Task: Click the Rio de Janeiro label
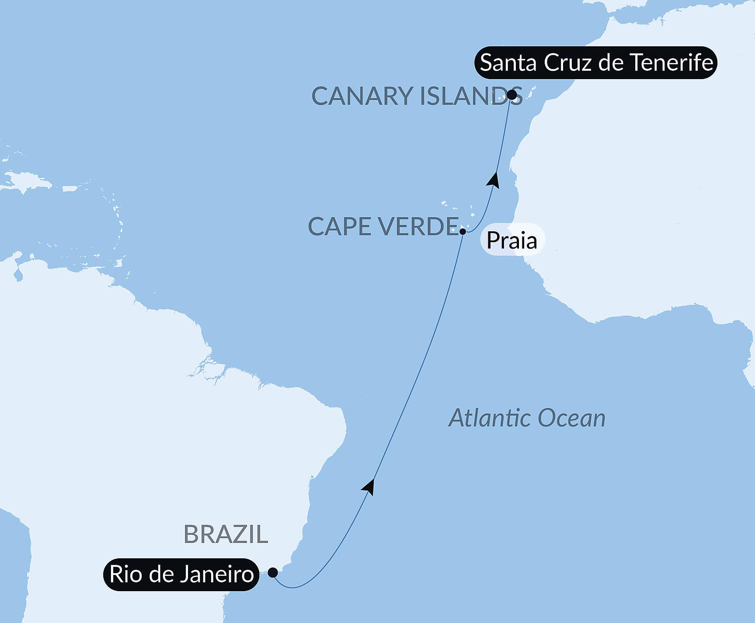181,574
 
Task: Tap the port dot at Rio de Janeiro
273,572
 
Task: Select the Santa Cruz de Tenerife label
596,63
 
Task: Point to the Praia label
512,240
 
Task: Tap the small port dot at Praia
463,231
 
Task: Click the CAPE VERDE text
383,226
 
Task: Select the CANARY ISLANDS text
417,96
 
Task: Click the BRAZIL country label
226,534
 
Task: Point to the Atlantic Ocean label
527,418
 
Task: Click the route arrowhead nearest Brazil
369,487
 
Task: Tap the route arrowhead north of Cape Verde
494,180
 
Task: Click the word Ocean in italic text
571,418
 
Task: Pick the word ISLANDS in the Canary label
471,96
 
